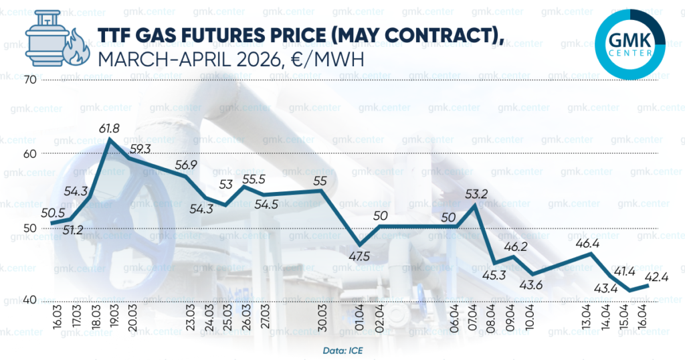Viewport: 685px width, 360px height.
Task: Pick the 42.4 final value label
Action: click(660, 275)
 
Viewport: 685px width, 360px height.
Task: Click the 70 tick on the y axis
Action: click(29, 80)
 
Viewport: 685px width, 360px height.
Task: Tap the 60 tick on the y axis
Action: click(29, 153)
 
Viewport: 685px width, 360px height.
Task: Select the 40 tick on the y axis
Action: click(29, 300)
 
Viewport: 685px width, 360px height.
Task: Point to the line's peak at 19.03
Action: click(110, 139)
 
